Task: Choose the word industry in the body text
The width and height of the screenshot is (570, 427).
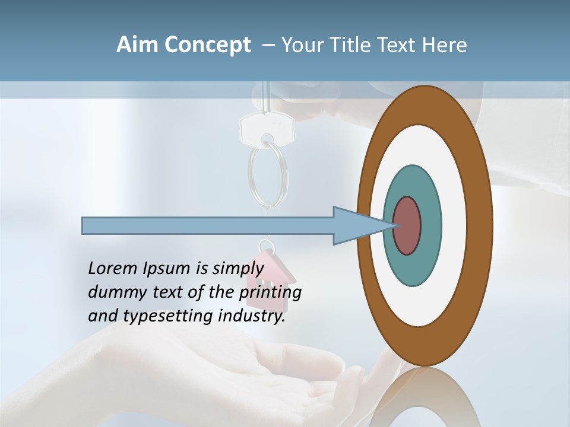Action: pyautogui.click(x=252, y=316)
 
